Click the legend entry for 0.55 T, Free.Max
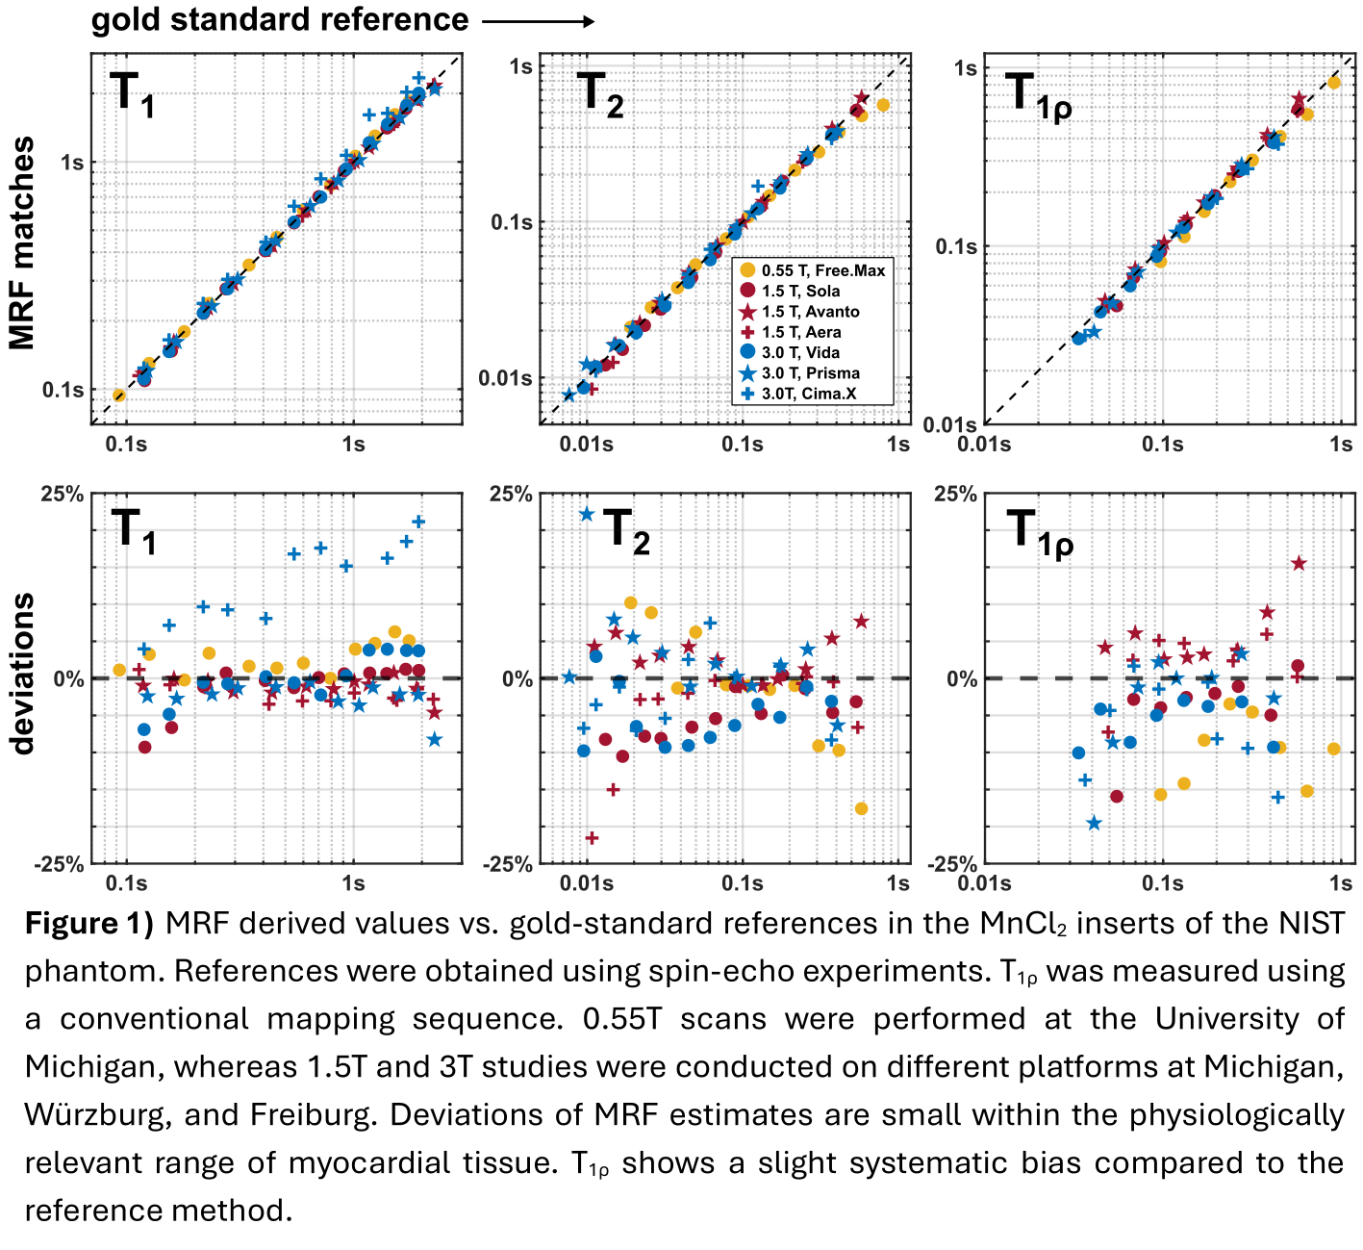(822, 271)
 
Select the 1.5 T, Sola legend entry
(800, 292)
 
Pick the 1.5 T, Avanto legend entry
(810, 312)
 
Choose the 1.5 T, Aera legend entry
(800, 332)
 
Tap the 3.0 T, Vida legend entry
(800, 352)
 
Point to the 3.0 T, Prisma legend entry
(810, 373)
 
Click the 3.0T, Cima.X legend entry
(808, 394)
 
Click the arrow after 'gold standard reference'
(538, 21)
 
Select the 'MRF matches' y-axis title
(21, 242)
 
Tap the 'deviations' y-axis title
(21, 674)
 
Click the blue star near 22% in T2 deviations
(587, 514)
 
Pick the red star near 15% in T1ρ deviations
(1299, 563)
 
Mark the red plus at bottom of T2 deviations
(592, 838)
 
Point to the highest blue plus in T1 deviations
(418, 522)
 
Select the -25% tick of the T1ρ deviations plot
(951, 865)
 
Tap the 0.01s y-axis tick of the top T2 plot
(506, 378)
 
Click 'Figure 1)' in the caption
(88, 924)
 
